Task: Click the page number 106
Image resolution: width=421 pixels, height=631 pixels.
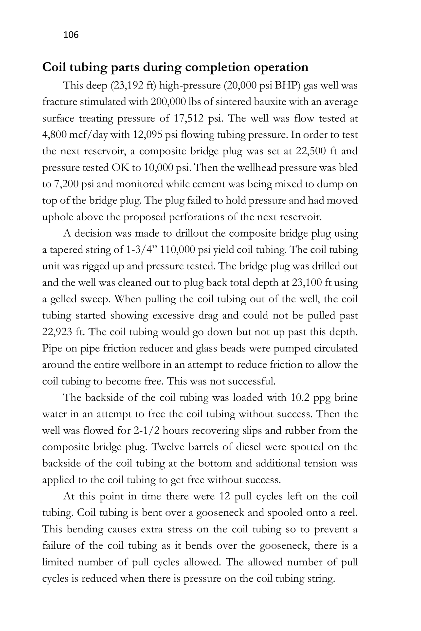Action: point(71,35)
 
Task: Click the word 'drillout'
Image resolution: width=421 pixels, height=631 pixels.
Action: point(192,233)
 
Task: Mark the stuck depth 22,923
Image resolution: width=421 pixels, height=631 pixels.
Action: point(57,332)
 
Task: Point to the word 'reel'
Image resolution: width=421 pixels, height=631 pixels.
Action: point(348,513)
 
